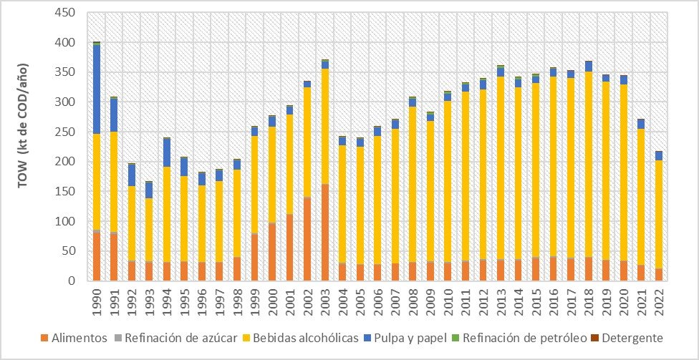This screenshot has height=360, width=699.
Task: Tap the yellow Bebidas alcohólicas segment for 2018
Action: pyautogui.click(x=589, y=165)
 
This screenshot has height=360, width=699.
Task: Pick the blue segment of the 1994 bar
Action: pyautogui.click(x=167, y=153)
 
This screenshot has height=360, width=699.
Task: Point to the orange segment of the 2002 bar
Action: pyautogui.click(x=307, y=239)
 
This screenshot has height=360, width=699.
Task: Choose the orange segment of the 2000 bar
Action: pyautogui.click(x=272, y=252)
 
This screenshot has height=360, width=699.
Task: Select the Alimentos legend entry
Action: pyautogui.click(x=74, y=338)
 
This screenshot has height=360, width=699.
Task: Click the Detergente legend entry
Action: pyautogui.click(x=628, y=338)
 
